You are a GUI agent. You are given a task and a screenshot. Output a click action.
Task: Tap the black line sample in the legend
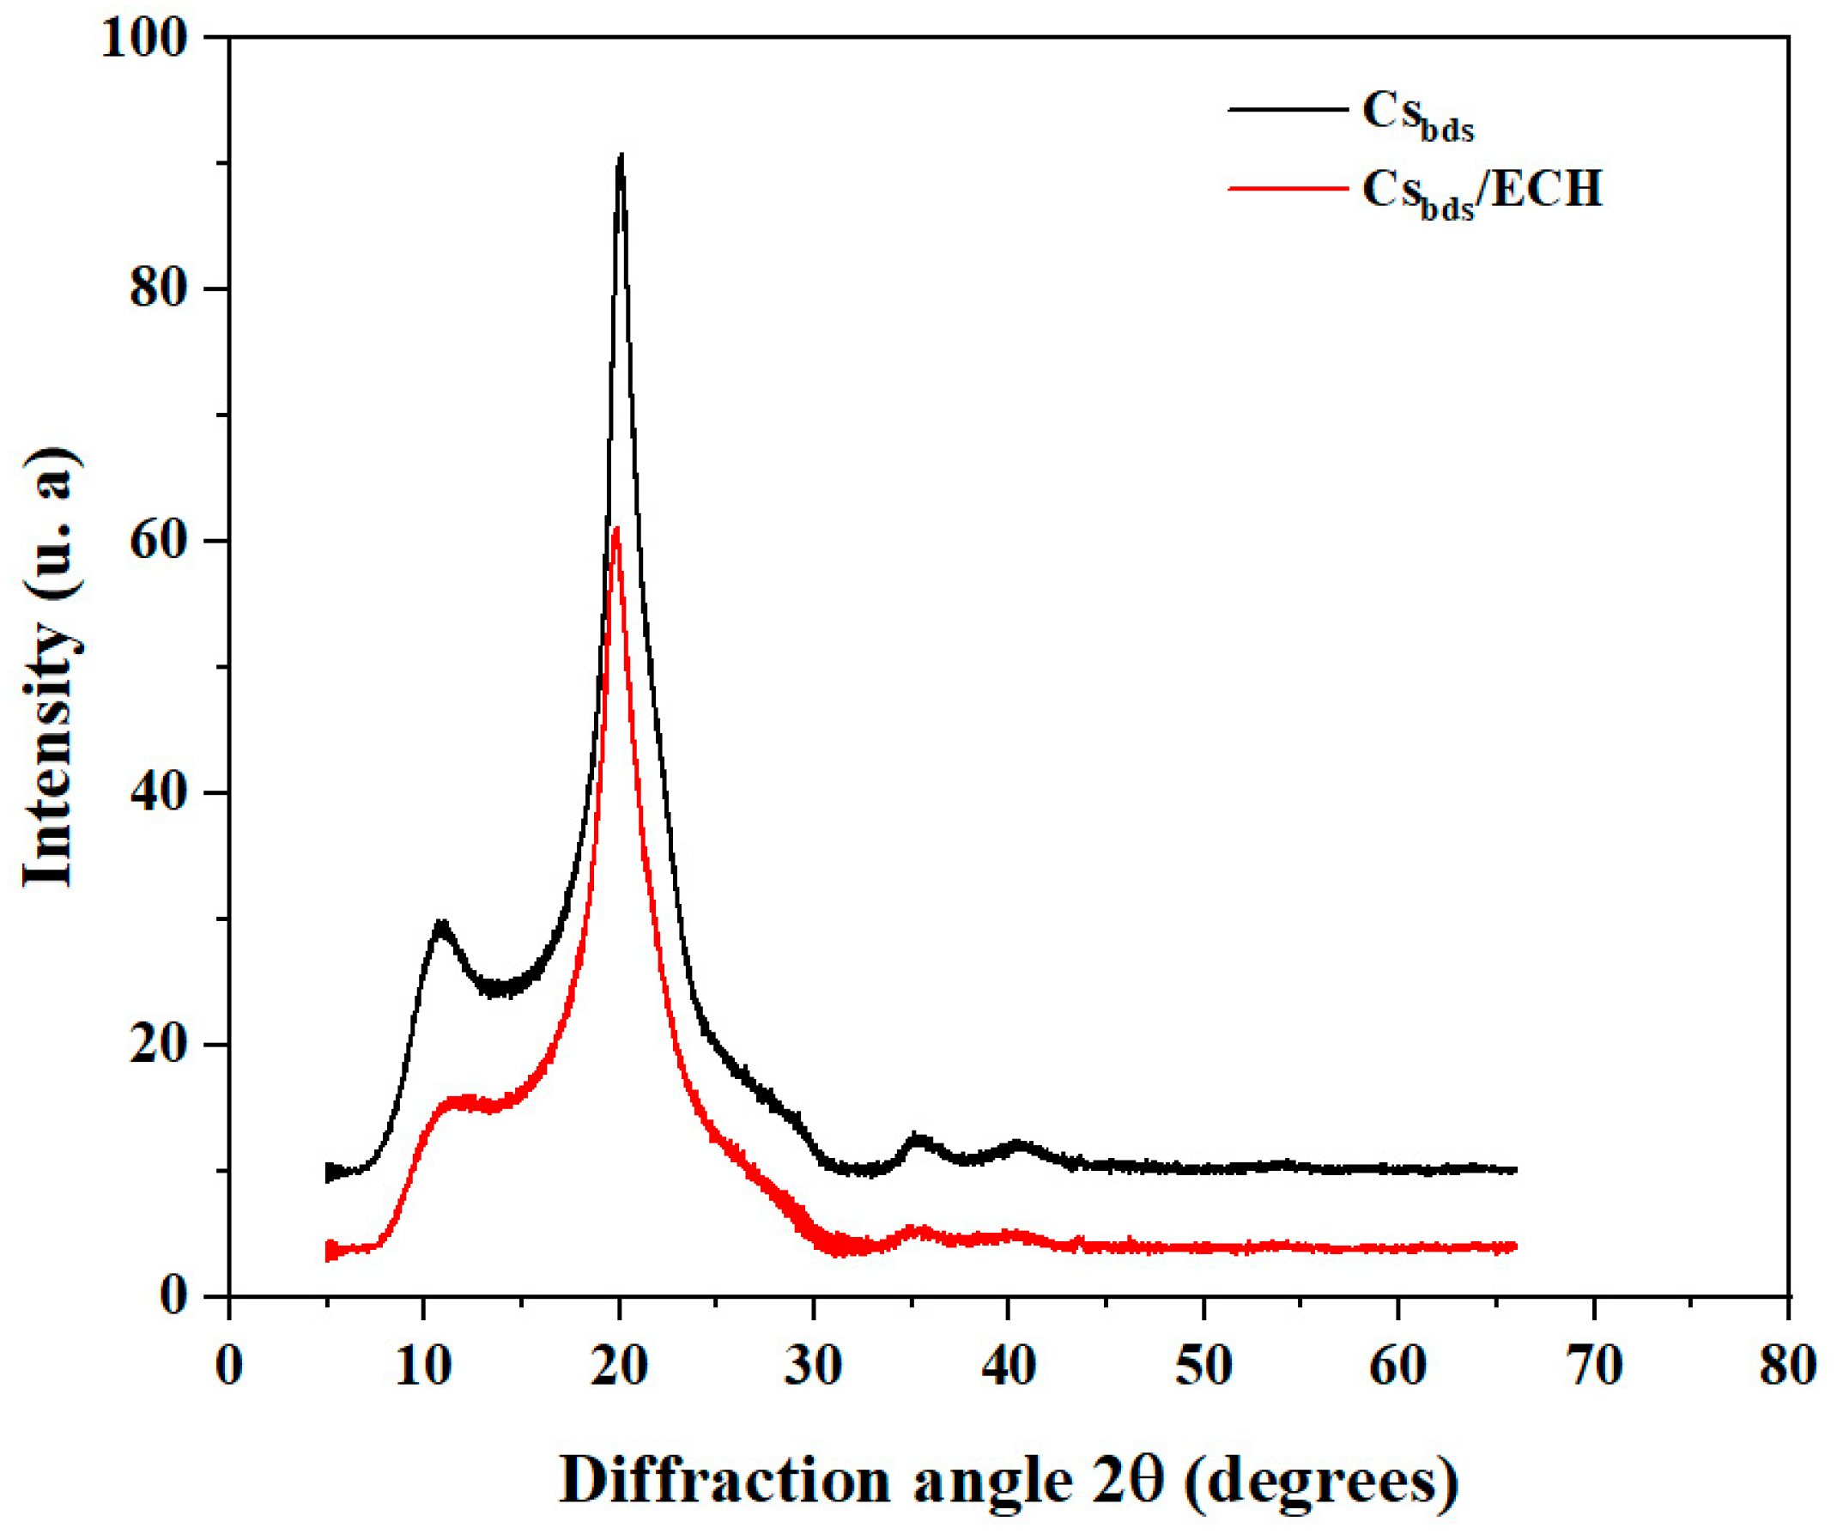[x=1287, y=110]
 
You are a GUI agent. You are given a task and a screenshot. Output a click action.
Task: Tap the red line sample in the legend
[x=1287, y=188]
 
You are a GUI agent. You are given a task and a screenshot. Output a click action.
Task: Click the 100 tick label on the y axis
[x=145, y=39]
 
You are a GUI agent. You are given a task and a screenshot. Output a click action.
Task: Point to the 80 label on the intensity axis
[x=159, y=289]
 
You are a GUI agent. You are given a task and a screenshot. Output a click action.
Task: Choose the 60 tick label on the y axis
[x=159, y=542]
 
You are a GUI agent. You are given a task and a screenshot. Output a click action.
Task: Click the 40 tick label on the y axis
[x=159, y=793]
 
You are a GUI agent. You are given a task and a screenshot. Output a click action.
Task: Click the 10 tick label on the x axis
[x=423, y=1366]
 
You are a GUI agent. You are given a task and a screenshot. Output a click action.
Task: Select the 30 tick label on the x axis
[x=813, y=1366]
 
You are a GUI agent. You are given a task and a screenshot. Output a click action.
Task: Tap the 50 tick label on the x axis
[x=1203, y=1366]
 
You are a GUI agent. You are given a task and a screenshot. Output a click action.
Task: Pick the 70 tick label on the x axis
[x=1593, y=1366]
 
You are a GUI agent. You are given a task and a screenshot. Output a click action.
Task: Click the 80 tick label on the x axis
[x=1787, y=1366]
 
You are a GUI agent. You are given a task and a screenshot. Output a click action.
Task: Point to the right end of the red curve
[x=1515, y=1247]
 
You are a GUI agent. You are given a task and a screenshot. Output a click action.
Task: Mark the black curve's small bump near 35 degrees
[x=918, y=1139]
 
